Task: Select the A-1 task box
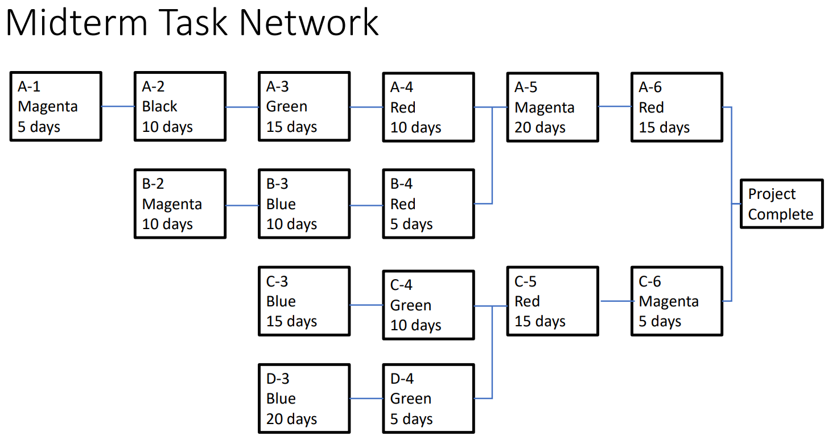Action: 56,106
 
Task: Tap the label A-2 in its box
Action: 153,86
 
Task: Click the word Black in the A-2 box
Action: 160,106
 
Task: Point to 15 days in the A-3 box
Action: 291,127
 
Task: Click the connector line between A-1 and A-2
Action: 118,106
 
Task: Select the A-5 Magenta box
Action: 552,107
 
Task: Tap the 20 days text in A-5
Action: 540,127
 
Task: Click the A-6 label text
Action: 650,87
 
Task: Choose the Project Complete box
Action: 781,204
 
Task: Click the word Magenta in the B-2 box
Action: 172,204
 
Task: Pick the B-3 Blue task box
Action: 304,204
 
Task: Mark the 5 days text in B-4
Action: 411,225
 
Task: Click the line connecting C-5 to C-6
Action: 615,301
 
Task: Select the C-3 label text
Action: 277,281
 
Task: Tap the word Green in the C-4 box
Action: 410,306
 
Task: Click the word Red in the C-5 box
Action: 527,301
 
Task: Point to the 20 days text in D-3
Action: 291,420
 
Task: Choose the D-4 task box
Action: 428,398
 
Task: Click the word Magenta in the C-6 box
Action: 668,301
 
